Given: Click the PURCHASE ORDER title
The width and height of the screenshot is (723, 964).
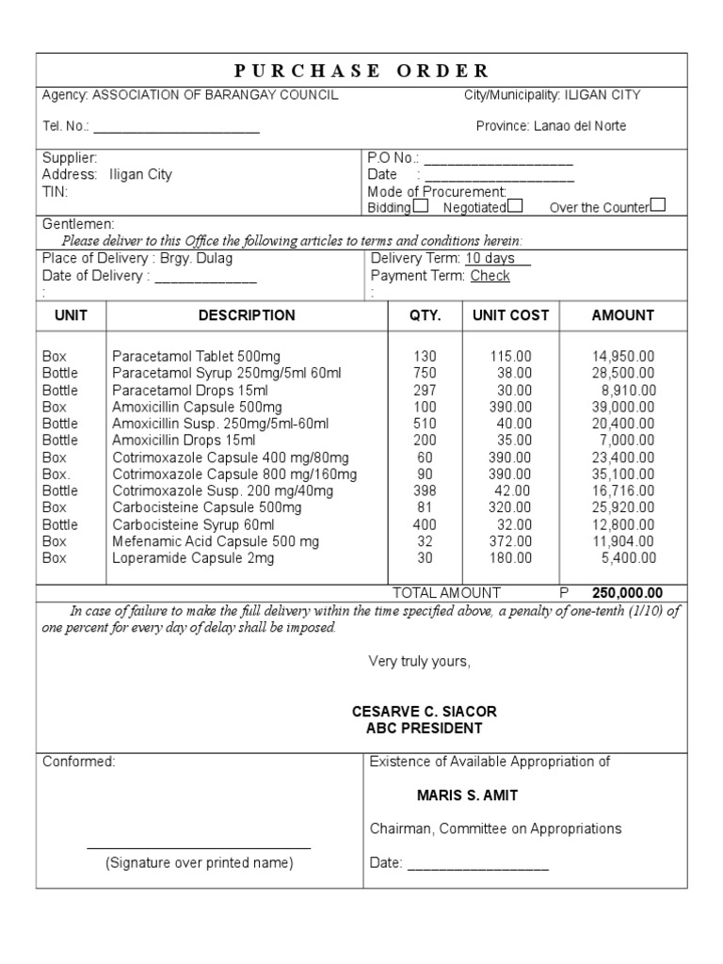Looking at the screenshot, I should point(361,72).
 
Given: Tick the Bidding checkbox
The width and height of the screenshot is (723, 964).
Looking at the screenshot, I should point(421,205).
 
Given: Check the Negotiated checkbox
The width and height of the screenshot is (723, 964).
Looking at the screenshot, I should point(515,205).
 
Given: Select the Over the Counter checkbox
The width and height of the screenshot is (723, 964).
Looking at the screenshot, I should point(658,204).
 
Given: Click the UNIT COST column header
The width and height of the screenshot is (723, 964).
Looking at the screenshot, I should point(510,315).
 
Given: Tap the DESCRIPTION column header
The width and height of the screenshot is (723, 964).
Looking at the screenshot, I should point(247,315).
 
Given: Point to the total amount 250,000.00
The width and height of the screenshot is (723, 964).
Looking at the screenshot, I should point(627,593).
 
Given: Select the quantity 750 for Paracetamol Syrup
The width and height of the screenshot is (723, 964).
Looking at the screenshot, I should point(425,373).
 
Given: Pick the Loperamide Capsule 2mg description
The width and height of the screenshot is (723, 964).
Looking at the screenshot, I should point(193,558).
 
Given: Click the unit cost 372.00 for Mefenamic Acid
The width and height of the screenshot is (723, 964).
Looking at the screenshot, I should point(510,541).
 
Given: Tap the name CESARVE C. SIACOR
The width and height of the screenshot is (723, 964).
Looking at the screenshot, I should point(424,711).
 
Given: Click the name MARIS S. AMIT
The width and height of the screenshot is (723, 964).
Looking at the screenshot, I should point(467,795).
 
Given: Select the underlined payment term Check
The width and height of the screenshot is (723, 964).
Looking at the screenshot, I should point(490,276).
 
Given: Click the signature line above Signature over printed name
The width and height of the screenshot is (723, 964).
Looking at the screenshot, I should point(199,847).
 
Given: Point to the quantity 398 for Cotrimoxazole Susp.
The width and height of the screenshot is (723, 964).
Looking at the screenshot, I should point(425,490).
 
